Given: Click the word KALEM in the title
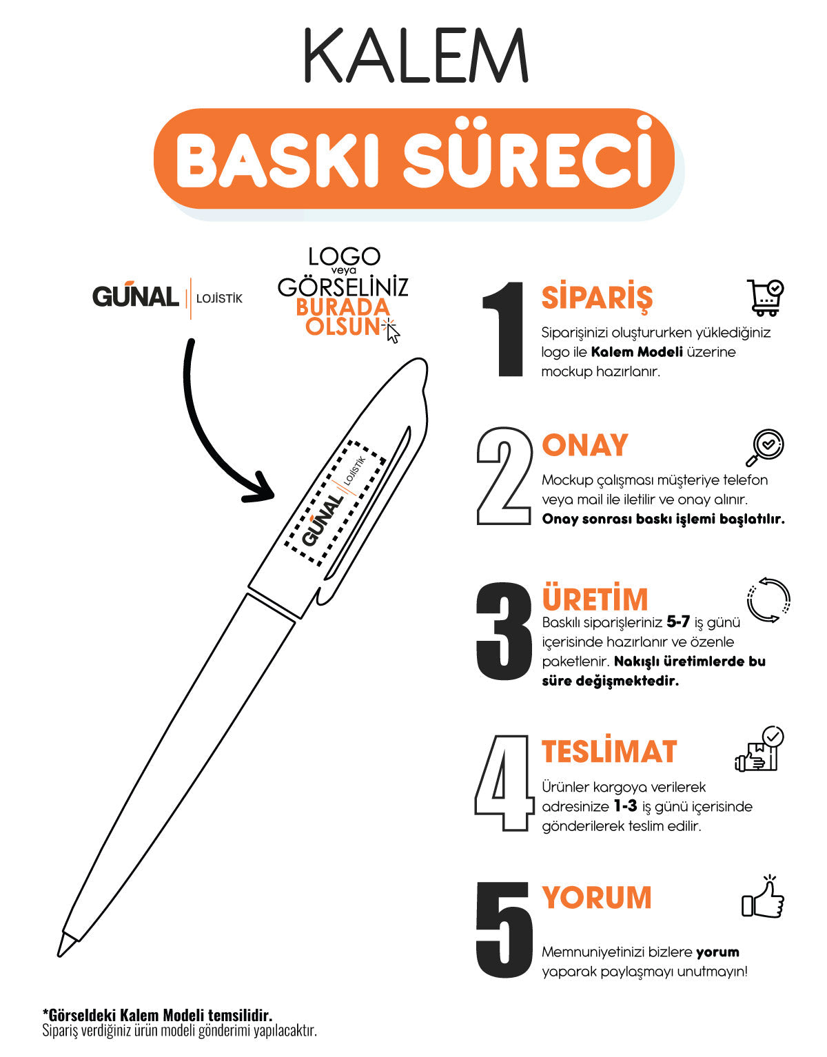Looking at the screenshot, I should tap(416, 57).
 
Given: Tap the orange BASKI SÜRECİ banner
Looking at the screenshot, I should tap(413, 159).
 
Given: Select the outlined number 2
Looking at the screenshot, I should tap(504, 476).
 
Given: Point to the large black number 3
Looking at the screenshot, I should tap(504, 632).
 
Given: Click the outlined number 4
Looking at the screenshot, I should tap(504, 782).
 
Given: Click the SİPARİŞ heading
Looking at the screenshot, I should tap(597, 298).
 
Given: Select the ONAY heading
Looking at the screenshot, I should tap(585, 445).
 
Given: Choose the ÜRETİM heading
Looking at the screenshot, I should tap(595, 599).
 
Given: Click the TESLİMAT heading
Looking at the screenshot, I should tap(609, 751).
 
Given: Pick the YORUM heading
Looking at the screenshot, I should tap(597, 898).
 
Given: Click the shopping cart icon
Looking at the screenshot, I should tap(765, 298).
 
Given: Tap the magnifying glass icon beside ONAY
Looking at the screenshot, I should tap(765, 447).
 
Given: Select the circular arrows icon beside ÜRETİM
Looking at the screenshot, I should tap(768, 599).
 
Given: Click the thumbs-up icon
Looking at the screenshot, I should tap(764, 899).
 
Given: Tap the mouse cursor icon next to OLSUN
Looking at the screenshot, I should tap(393, 332).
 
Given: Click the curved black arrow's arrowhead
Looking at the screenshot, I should tap(262, 489).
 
